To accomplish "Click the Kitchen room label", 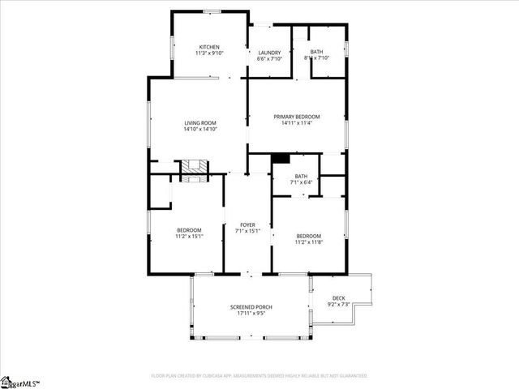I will point(208,47).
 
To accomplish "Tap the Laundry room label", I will point(269,52).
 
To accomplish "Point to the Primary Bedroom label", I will point(296,117).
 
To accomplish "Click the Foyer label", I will point(247,224).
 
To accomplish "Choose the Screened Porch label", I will point(251,307).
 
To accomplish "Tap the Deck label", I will point(338,298).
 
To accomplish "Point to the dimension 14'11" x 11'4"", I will point(296,123).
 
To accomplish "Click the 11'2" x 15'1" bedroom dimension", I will point(189,236).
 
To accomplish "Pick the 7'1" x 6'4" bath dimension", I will point(301,182).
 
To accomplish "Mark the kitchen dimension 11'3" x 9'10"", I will point(208,53).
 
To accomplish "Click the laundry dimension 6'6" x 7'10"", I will point(269,58).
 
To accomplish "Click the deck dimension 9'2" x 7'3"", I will point(338,304).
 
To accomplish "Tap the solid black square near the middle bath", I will point(280,159).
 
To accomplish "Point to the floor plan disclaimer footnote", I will point(259,376).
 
